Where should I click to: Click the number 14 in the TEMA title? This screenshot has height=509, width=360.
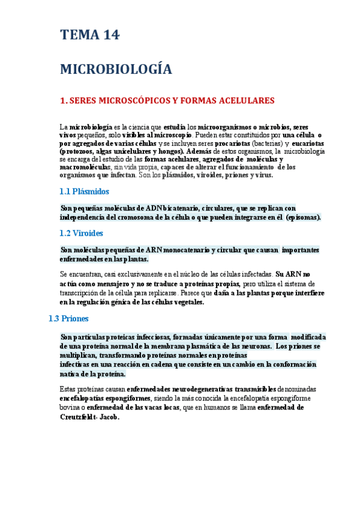click(108, 35)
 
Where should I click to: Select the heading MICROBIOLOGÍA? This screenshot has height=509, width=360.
click(116, 70)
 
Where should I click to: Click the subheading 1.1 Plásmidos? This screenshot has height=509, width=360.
click(85, 191)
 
